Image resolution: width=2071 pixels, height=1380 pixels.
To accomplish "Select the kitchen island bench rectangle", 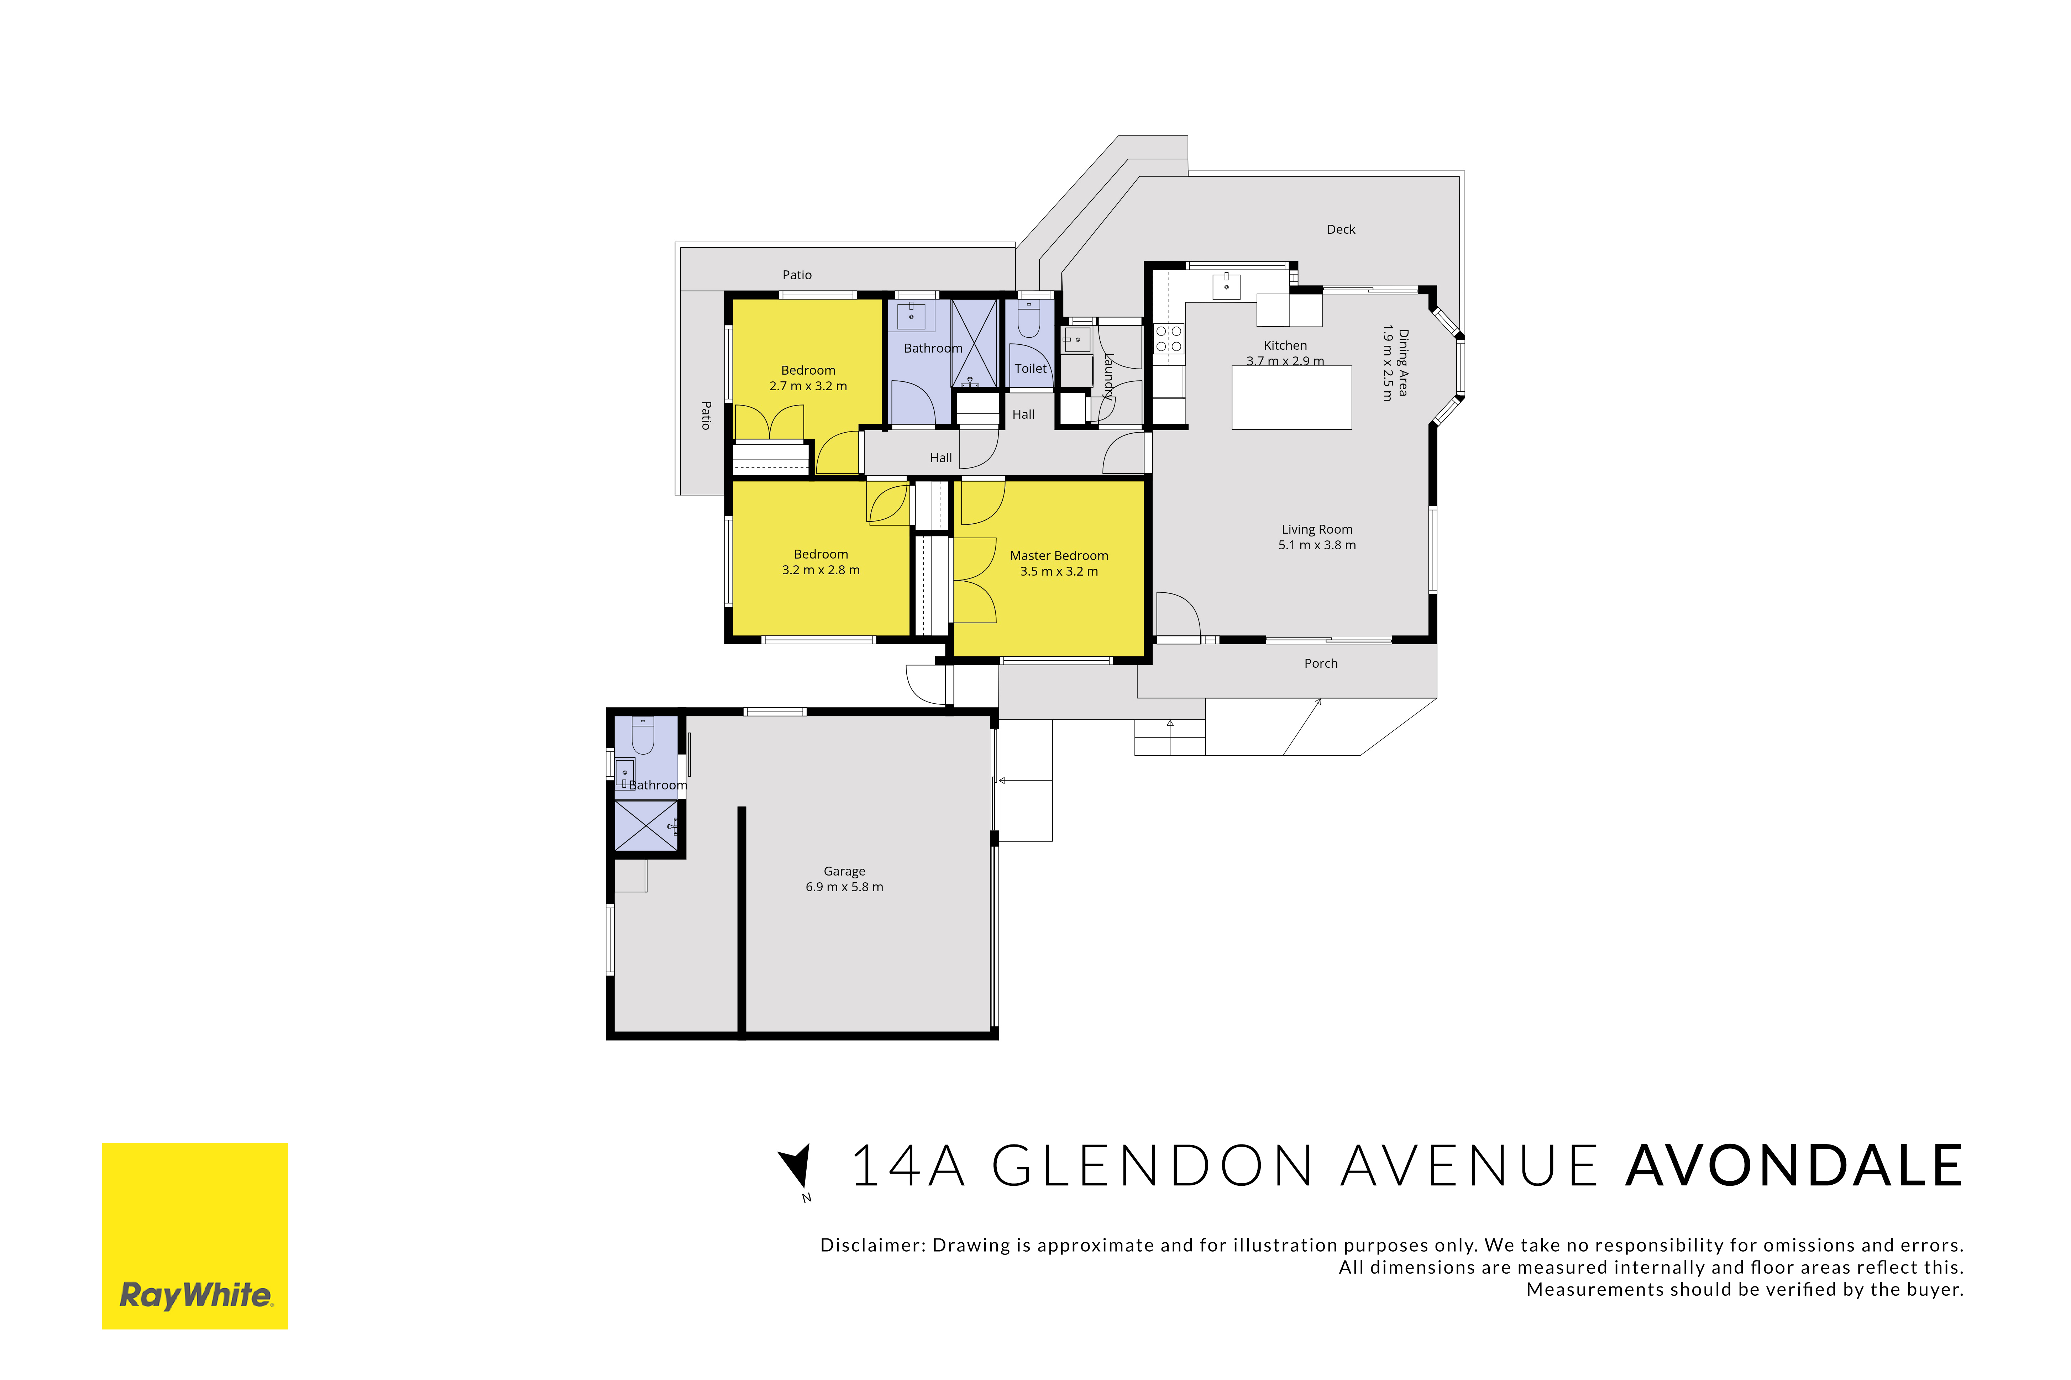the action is click(1291, 398).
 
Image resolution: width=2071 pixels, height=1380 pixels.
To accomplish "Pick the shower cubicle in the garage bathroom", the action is click(646, 825).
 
